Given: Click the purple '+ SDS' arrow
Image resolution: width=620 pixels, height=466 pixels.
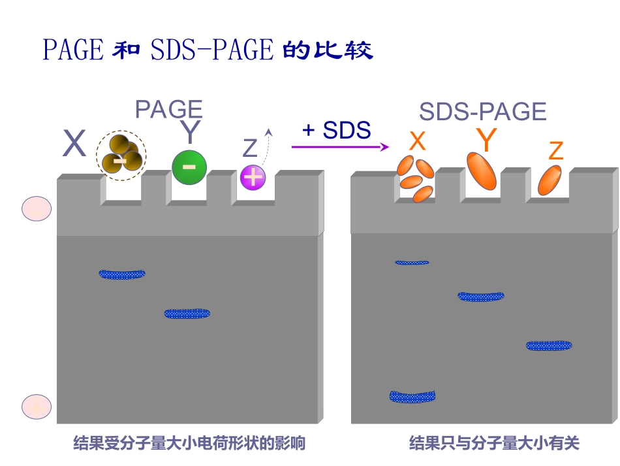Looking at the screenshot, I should (x=339, y=147).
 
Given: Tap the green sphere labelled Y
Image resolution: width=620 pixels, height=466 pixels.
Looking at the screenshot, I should (x=189, y=167).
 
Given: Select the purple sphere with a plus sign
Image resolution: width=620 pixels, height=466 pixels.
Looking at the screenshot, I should (x=253, y=177).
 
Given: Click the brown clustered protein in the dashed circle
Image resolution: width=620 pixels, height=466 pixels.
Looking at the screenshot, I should (x=121, y=156).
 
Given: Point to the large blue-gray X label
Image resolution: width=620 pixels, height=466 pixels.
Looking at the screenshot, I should (x=74, y=144).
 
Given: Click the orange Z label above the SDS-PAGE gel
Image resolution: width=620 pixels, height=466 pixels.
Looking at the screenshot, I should (x=555, y=151).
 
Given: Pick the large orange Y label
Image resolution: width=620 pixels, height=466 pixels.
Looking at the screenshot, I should (x=486, y=139).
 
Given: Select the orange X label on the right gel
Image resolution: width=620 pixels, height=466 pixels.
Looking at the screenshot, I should (x=417, y=141).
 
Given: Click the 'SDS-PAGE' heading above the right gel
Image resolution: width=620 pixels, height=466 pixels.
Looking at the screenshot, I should (x=482, y=112).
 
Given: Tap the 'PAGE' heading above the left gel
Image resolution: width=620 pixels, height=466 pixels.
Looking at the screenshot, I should (x=168, y=109).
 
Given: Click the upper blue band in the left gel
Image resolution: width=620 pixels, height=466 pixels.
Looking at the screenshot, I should (x=122, y=274).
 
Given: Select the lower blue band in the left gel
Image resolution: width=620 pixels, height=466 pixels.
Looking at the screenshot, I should (x=187, y=314).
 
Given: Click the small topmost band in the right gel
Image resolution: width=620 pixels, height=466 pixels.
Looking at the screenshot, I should (x=412, y=263).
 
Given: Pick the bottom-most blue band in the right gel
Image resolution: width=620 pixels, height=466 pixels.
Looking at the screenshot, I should (x=412, y=396).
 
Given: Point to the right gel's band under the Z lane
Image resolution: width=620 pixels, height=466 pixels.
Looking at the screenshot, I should (x=549, y=345).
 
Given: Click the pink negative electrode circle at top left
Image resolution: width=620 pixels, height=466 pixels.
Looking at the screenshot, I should (x=37, y=208).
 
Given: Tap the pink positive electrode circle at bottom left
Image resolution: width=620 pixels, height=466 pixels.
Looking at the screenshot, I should (x=37, y=407).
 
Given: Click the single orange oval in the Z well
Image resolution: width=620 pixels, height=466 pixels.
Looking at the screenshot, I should (x=550, y=180).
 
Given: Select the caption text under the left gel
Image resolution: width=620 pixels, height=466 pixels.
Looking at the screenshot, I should (x=189, y=444).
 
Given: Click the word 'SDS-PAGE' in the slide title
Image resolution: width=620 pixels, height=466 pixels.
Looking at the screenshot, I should (x=211, y=50).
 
